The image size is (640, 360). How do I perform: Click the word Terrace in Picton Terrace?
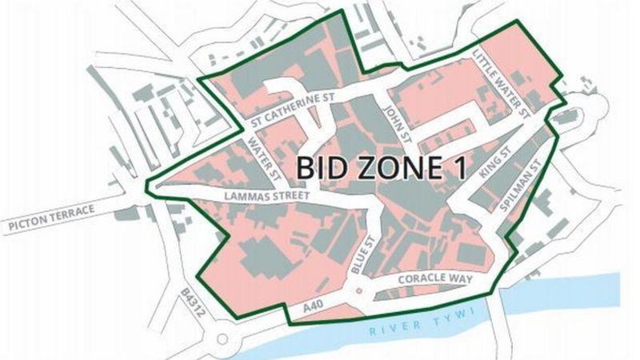(69, 212)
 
